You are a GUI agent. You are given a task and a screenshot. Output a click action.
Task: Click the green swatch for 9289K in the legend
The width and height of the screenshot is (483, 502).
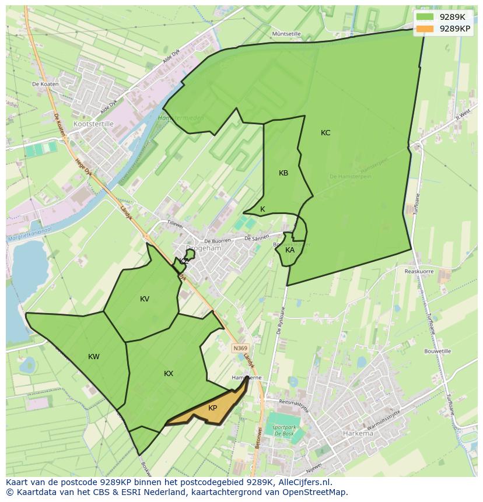coord(425,17)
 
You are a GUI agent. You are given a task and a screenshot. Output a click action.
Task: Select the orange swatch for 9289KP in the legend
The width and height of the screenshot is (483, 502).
coord(425,29)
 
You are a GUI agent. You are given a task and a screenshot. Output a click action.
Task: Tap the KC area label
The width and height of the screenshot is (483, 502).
coord(325,133)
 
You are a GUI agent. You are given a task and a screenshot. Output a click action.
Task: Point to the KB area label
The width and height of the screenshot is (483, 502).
coord(283,173)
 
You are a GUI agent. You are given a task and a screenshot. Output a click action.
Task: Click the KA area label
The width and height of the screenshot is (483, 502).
coord(290,250)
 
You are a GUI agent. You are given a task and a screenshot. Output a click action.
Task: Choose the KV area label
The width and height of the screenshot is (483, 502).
coord(145,299)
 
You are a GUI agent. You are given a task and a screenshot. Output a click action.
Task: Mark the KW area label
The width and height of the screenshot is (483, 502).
coord(94,357)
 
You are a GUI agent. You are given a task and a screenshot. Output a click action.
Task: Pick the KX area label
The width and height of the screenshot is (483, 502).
coord(169,374)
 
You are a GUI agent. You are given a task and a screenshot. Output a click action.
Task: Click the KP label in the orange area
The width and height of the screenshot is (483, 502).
coord(213,408)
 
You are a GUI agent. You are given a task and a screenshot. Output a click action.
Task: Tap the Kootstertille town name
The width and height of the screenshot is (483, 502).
coord(93,124)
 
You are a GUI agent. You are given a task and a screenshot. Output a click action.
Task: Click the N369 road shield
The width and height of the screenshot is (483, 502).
coord(240,348)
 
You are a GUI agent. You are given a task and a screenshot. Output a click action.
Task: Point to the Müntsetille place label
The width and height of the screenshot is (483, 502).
coord(286,34)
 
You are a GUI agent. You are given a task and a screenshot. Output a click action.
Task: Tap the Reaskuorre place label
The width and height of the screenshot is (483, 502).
coord(419,271)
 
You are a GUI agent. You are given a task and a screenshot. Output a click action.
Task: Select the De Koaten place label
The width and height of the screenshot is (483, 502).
coord(45,85)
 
